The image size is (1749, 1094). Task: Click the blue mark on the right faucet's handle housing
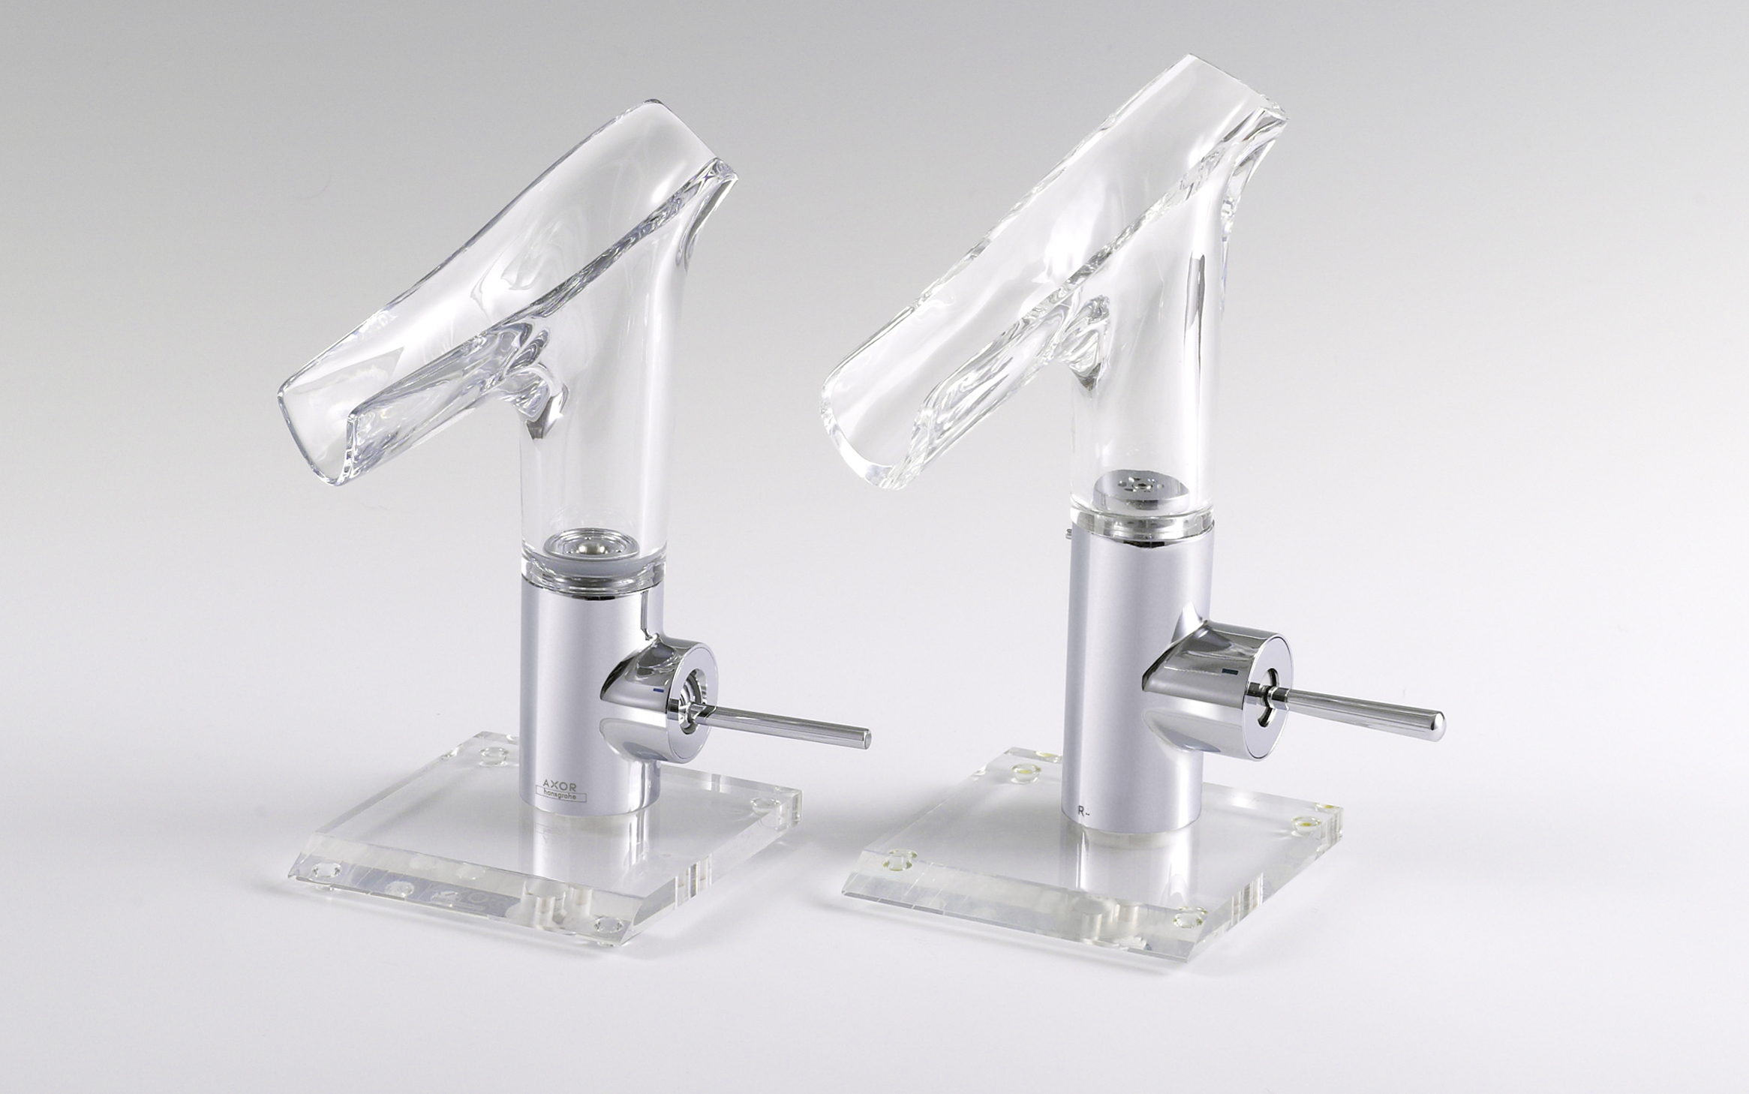click(x=1229, y=668)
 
